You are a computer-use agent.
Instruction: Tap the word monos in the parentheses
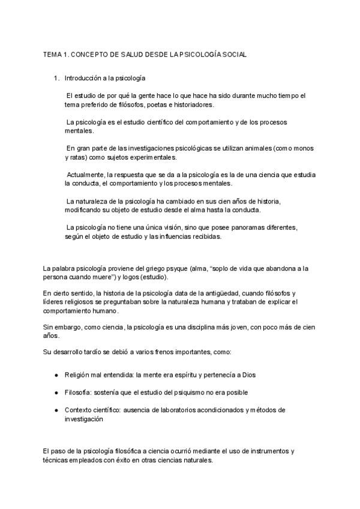coord(290,148)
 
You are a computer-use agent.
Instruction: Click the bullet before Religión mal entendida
coord(56,375)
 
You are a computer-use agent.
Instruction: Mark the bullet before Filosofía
coord(56,393)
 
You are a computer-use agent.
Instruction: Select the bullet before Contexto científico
coord(56,410)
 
